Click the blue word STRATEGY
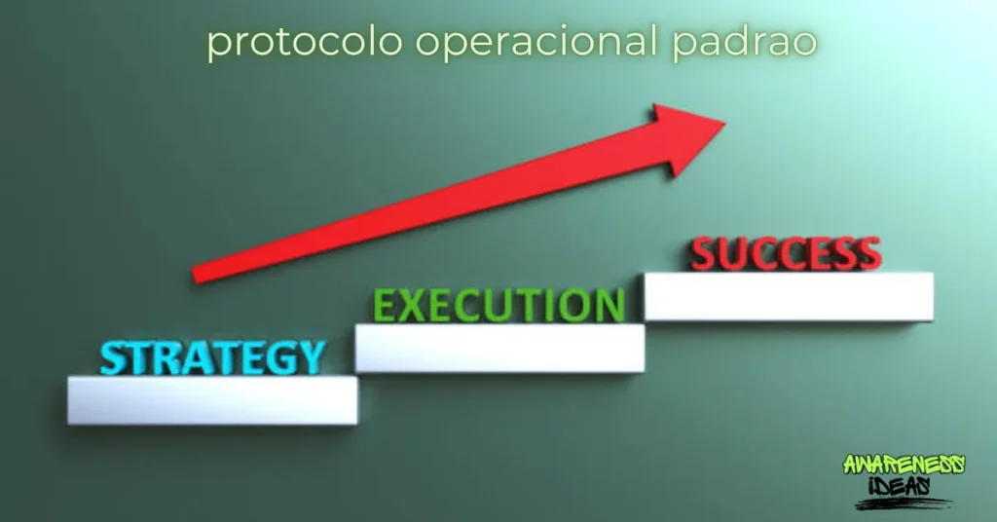coord(212,357)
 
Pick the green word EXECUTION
coord(498,305)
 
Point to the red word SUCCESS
coord(786,253)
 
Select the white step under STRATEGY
coord(212,400)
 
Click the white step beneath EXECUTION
coord(499,348)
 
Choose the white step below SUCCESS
coord(789,296)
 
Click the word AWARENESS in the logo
coord(904,466)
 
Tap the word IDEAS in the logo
coord(901,484)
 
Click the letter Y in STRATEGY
coord(309,358)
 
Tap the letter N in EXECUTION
coord(608,306)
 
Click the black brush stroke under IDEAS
coord(901,503)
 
